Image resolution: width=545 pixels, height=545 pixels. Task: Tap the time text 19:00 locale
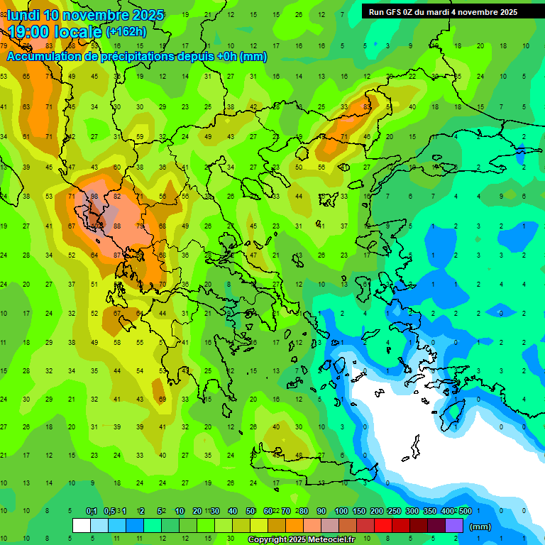[55, 31]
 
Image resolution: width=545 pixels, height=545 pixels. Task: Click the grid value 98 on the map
[94, 197]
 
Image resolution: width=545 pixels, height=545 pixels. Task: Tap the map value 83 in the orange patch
[367, 107]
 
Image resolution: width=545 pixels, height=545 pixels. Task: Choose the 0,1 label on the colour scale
[91, 512]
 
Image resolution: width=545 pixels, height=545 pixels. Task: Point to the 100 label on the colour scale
[341, 512]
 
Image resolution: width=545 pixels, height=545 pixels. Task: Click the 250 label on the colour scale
[394, 512]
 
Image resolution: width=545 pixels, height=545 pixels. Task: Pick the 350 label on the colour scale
[429, 512]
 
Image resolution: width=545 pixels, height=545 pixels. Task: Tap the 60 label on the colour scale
[268, 512]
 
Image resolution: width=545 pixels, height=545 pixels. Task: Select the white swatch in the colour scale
[82, 525]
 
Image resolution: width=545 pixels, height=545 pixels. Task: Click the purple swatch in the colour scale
[454, 525]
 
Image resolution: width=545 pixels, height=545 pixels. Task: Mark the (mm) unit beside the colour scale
[480, 527]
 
